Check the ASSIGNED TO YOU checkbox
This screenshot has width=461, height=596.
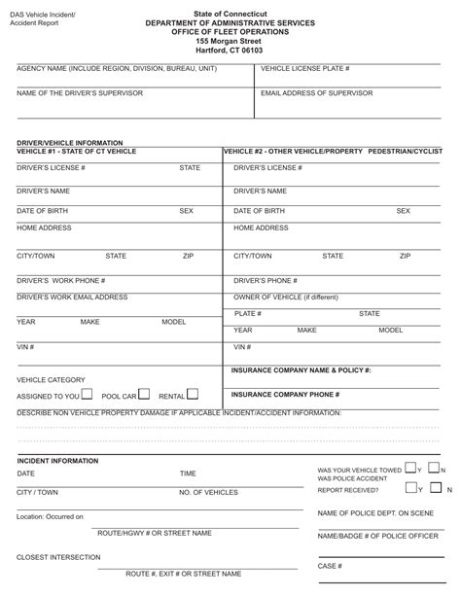point(88,395)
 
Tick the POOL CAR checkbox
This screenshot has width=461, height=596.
point(144,395)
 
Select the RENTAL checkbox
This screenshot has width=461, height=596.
point(192,395)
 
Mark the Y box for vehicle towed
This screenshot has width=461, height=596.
point(411,469)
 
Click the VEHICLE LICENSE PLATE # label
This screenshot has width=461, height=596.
point(305,69)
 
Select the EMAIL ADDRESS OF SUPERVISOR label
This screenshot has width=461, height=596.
point(314,92)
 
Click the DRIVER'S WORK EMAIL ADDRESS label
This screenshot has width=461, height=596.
point(72,298)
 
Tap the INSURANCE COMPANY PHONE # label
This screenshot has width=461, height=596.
point(285,395)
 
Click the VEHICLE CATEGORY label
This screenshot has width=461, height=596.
point(51,379)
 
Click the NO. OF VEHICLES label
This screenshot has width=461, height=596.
point(208,493)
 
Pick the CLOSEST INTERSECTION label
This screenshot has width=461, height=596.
point(58,558)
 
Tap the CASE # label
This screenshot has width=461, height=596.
point(328,566)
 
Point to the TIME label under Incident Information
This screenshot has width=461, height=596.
point(188,473)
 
